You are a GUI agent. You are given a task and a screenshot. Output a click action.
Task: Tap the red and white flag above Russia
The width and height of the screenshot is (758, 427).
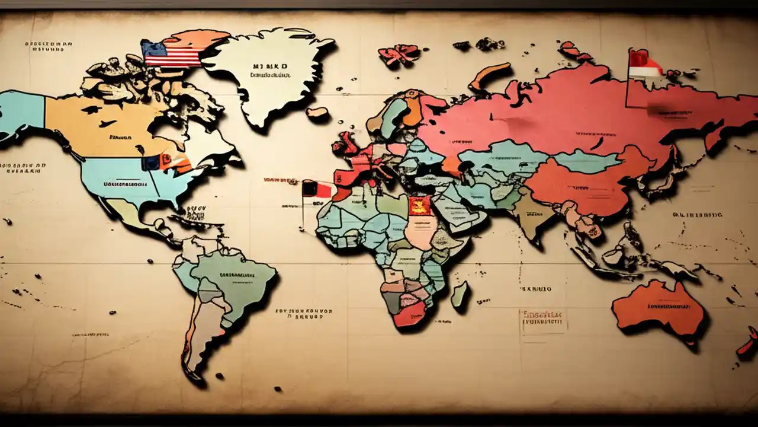tap(644, 64)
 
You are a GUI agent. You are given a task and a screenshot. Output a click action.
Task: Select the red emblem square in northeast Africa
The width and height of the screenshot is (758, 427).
tap(417, 206)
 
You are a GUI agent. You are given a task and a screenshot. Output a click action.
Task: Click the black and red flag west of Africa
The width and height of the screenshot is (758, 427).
tap(317, 189)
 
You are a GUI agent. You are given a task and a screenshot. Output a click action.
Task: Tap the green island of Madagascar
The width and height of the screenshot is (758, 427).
tap(460, 294)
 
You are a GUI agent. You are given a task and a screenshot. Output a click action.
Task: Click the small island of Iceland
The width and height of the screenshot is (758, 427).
tap(318, 111)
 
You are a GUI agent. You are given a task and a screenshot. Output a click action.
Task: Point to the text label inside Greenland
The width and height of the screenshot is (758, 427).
tap(269, 71)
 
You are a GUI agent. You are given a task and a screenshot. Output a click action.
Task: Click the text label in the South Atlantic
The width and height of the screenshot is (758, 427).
tap(304, 313)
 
